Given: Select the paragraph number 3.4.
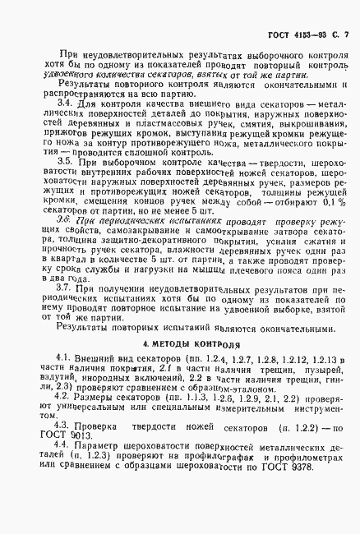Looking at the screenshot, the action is (52, 104).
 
